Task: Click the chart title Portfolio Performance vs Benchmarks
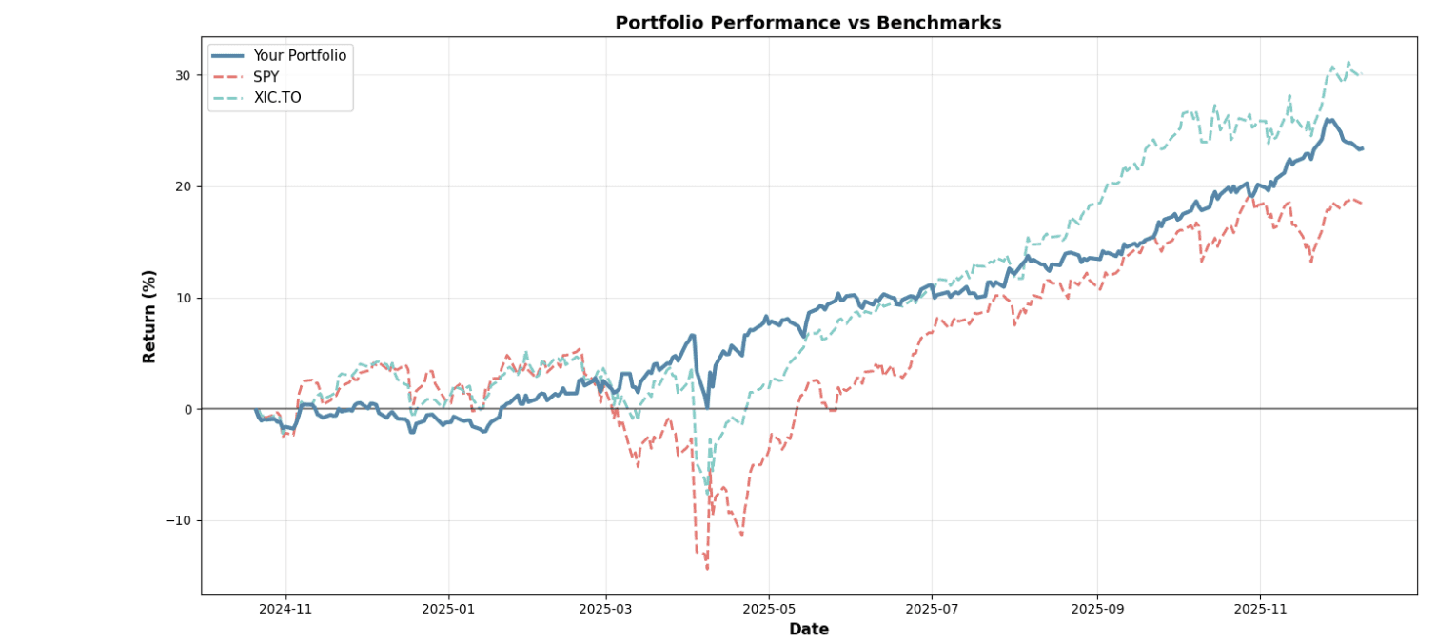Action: (x=808, y=23)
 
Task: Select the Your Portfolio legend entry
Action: (x=299, y=56)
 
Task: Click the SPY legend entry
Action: (x=266, y=77)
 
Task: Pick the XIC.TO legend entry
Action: (x=277, y=98)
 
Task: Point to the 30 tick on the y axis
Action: (x=183, y=75)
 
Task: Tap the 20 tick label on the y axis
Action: (x=183, y=186)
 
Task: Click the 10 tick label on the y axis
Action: (x=183, y=298)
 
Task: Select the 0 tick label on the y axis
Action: (x=187, y=409)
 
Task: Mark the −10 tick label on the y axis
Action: (x=178, y=520)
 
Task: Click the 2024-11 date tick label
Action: (x=285, y=608)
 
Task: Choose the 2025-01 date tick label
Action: (x=447, y=608)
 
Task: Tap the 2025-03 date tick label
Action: (x=605, y=608)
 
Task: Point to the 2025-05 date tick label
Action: (x=768, y=608)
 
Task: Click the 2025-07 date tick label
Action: (x=931, y=608)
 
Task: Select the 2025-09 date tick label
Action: (x=1097, y=608)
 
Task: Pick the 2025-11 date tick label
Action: (x=1260, y=608)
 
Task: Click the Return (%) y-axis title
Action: (x=149, y=316)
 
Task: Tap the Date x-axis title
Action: (x=808, y=629)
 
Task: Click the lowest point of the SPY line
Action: (x=707, y=569)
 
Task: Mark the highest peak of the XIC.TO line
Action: (x=1348, y=62)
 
